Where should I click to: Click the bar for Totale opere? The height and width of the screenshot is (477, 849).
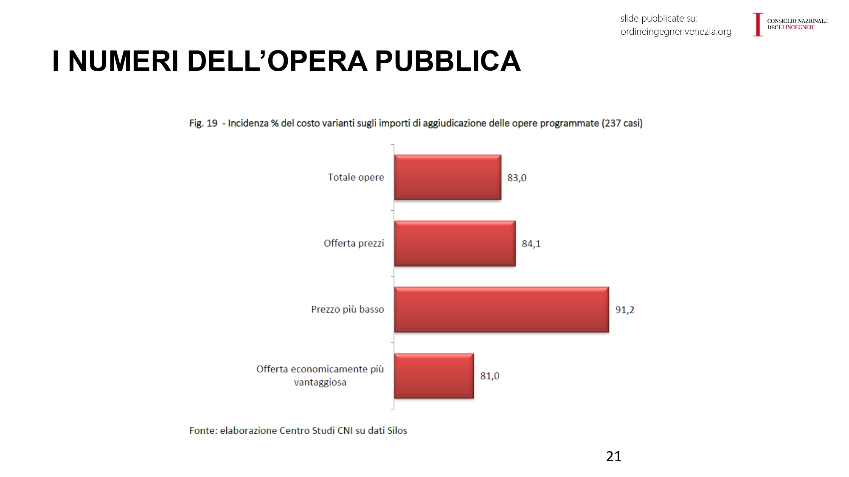(x=447, y=177)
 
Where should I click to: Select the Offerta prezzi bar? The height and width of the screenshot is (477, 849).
(x=455, y=243)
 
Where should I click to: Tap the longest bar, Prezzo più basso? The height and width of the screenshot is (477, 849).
(x=501, y=310)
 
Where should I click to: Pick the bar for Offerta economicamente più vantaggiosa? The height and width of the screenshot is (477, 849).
(x=434, y=376)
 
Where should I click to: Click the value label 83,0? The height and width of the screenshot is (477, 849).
(x=517, y=178)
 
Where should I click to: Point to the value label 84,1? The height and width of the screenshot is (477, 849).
(x=531, y=244)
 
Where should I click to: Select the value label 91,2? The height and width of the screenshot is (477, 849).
(x=624, y=310)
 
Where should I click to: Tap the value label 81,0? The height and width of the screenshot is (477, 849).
(x=489, y=376)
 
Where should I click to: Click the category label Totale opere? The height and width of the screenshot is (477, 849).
(x=356, y=177)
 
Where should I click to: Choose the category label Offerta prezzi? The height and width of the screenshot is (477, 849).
(x=354, y=243)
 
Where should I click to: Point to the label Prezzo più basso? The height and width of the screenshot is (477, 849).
(x=347, y=310)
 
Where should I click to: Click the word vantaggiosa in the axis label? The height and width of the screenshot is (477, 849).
(x=320, y=382)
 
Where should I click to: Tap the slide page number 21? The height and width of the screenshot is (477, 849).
(x=613, y=456)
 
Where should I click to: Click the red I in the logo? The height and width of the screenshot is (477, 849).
(x=758, y=24)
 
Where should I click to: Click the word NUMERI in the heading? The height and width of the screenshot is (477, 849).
(x=123, y=61)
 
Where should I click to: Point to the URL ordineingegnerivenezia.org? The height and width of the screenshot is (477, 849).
(x=676, y=32)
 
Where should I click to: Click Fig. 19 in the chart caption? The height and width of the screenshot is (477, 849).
(x=203, y=123)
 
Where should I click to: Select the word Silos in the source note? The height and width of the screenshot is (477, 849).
(x=397, y=431)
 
